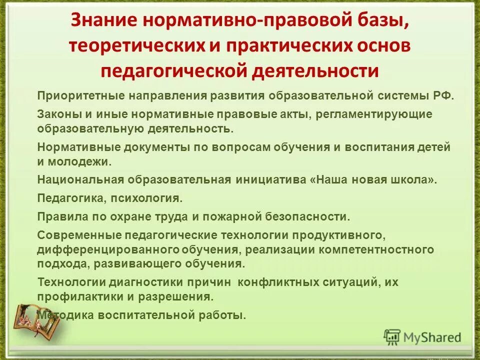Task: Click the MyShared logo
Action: point(422,337)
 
